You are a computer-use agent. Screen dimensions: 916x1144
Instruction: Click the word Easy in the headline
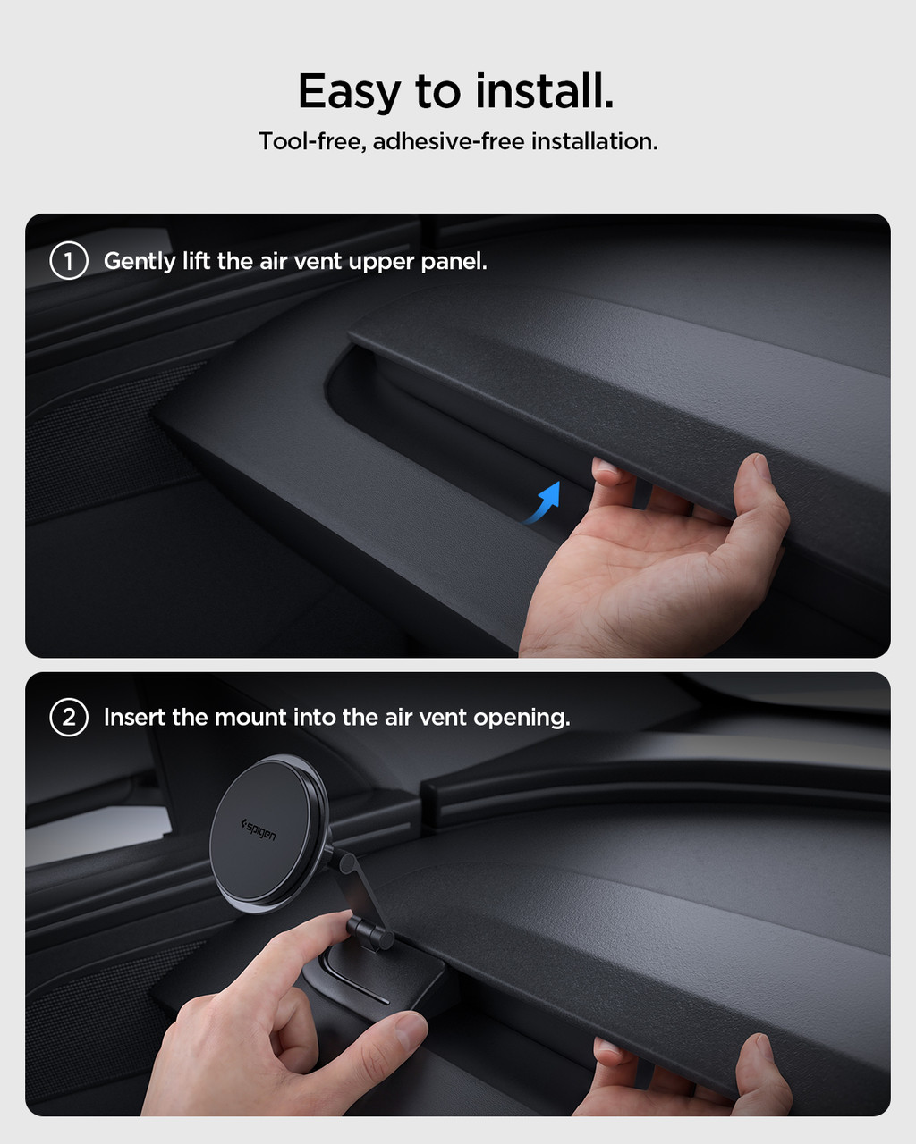(349, 92)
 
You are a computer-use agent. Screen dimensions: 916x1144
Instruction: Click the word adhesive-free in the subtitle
(449, 141)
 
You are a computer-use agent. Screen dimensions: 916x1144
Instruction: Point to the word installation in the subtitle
(595, 141)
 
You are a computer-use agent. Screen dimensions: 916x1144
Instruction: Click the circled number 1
(69, 260)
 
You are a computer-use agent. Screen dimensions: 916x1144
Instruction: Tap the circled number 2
(69, 717)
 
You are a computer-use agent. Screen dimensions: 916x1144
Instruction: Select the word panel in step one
(454, 262)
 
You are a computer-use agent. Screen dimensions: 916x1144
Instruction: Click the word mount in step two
(250, 719)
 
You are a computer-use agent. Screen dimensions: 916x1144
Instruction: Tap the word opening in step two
(522, 719)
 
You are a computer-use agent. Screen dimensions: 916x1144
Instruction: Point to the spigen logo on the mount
(259, 830)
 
